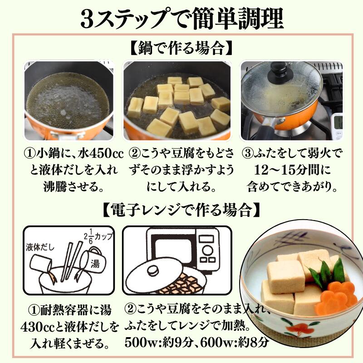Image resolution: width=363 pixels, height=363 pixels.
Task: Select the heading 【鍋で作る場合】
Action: [x=181, y=48]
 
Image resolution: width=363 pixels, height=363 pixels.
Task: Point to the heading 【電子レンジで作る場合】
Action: [x=181, y=210]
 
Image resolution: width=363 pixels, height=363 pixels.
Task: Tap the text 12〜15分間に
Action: [x=292, y=170]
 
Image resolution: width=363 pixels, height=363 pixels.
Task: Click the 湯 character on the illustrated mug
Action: [x=95, y=263]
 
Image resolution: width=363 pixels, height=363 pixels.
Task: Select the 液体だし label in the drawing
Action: [x=40, y=247]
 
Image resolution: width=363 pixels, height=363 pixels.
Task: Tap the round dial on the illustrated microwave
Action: [x=207, y=250]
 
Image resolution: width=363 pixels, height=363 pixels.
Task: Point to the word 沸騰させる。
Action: [x=74, y=186]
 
